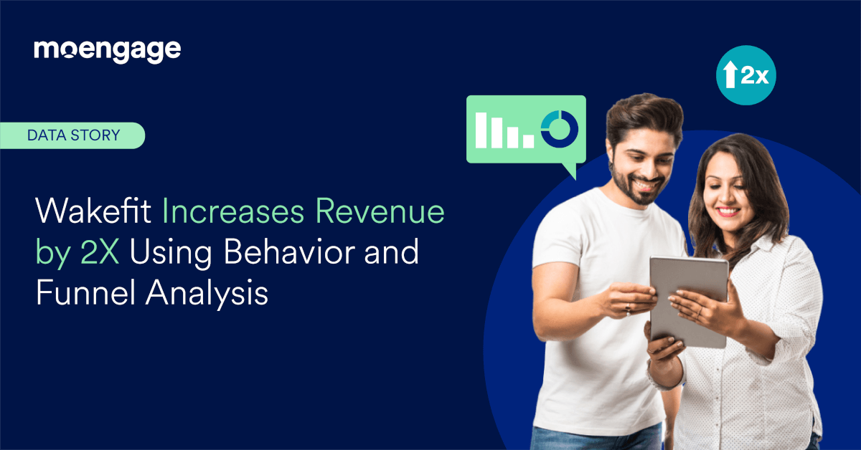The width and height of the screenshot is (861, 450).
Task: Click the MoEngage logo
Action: pos(108,50)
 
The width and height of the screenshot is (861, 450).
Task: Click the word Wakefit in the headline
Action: pos(95,213)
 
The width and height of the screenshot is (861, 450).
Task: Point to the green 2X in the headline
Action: pos(87,254)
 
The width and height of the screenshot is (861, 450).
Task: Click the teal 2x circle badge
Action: pos(746,75)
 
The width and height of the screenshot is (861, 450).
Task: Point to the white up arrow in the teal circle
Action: pos(730,75)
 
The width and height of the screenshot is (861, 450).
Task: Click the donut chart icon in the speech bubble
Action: pos(560,128)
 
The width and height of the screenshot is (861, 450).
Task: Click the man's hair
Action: pos(642,115)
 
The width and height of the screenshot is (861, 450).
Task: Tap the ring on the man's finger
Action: pos(627,308)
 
